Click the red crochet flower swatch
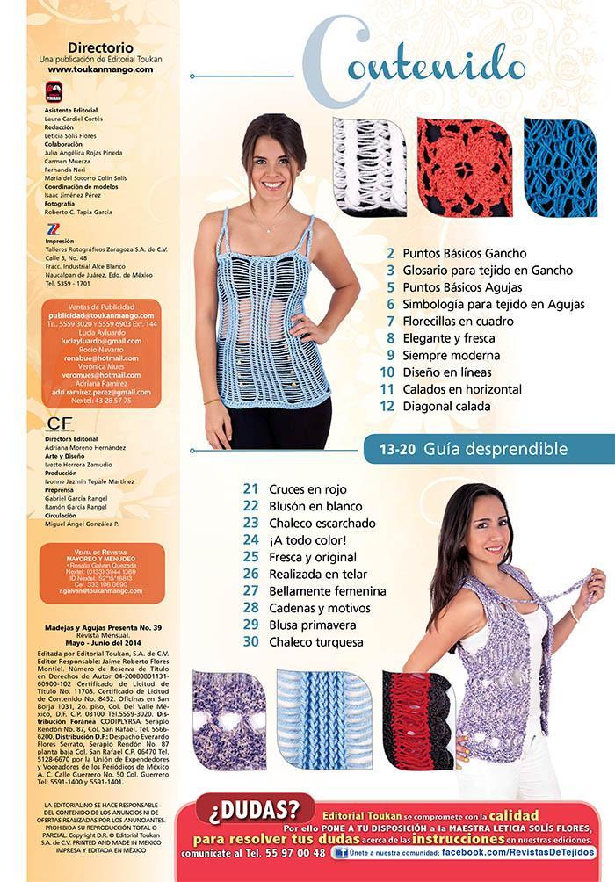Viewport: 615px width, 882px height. [464, 166]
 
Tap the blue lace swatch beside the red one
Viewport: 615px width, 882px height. [560, 167]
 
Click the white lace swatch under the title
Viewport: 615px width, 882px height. [369, 166]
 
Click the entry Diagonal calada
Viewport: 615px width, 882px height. [446, 407]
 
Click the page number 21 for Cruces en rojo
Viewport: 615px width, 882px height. [251, 489]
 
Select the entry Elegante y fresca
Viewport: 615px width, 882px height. [449, 338]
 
